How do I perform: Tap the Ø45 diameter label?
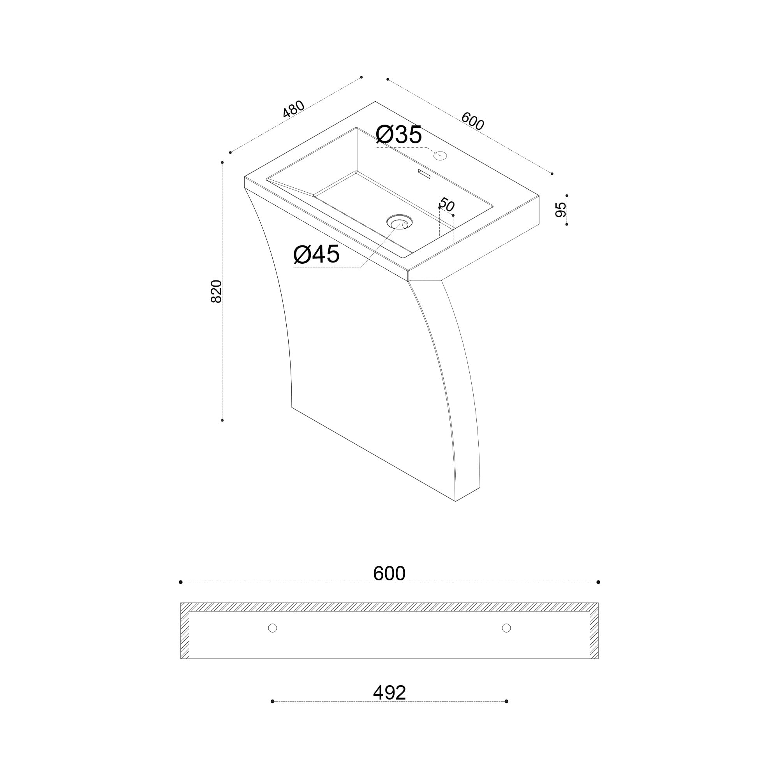pyautogui.click(x=317, y=254)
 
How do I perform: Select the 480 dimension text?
pyautogui.click(x=294, y=109)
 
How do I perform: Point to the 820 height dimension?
pyautogui.click(x=217, y=291)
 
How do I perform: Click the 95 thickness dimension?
pyautogui.click(x=561, y=210)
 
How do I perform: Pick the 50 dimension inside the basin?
pyautogui.click(x=447, y=204)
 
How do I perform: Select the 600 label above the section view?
pyautogui.click(x=389, y=573)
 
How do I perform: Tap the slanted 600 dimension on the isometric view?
pyautogui.click(x=472, y=121)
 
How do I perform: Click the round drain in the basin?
pyautogui.click(x=400, y=222)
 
